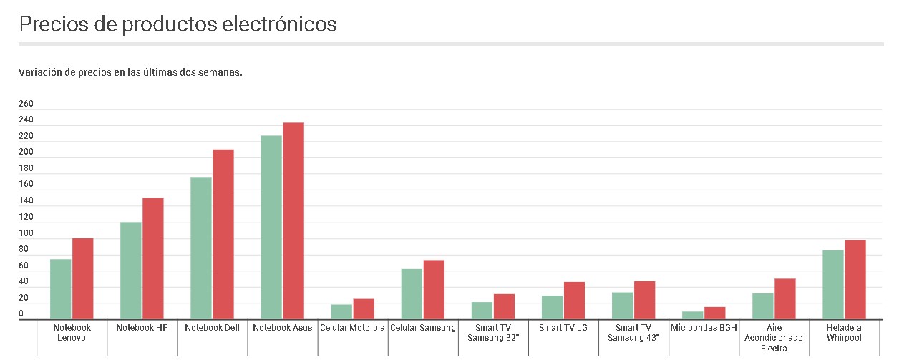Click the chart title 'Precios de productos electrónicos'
point(178,24)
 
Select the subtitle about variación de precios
point(131,72)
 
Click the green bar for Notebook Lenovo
point(60,289)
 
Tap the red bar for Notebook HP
point(152,258)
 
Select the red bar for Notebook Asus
point(293,221)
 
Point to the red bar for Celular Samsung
point(434,290)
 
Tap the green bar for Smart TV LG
point(552,307)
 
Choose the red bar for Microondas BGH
point(714,313)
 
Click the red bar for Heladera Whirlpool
point(855,280)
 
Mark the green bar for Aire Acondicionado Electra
point(762,306)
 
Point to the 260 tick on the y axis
point(26,104)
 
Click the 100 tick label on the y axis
point(26,233)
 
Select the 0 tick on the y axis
point(21,314)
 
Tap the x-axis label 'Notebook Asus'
point(283,328)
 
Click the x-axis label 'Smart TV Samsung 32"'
point(492,333)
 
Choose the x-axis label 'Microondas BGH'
point(704,328)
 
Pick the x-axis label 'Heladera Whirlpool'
point(844,333)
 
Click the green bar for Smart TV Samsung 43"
point(622,306)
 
